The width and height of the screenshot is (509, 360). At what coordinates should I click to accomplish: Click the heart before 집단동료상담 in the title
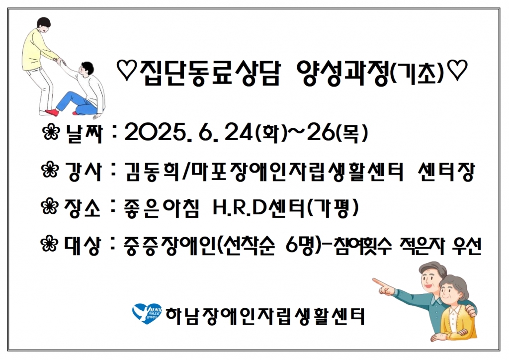click(127, 71)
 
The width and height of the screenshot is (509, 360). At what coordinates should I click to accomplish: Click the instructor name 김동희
click(152, 172)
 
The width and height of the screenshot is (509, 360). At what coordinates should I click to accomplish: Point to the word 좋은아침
click(161, 208)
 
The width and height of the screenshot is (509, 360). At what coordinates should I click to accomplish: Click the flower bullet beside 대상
click(50, 244)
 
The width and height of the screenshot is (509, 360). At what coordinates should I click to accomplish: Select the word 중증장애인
click(169, 246)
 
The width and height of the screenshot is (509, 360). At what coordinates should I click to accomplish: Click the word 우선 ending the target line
click(466, 246)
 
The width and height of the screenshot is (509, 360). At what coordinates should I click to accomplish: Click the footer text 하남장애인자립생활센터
click(265, 316)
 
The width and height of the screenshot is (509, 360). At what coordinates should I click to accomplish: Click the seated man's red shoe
click(51, 113)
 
